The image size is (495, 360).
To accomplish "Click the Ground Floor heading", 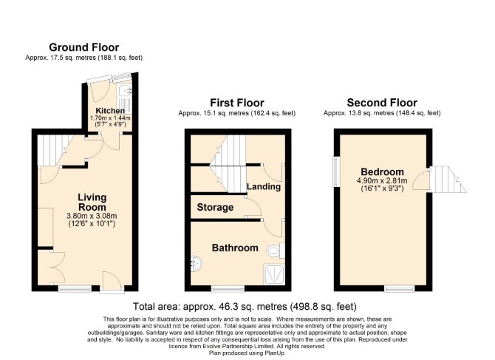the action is [x=84, y=47].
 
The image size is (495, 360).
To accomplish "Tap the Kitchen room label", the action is [x=110, y=111].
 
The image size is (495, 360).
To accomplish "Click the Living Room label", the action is [x=92, y=203].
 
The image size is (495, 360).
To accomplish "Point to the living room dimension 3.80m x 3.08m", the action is [x=92, y=217].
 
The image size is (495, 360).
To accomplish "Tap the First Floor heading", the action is [x=236, y=103].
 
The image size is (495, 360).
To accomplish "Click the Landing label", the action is [x=264, y=186].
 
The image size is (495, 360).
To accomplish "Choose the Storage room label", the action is [x=215, y=207].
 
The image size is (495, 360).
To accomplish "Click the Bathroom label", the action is [x=235, y=248].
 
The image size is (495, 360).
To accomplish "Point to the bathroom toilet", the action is [x=276, y=251].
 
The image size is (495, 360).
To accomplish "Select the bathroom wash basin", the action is [x=197, y=263].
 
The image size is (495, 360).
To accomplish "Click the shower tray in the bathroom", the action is [x=274, y=274].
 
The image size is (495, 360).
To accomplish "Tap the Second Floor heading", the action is [x=382, y=103].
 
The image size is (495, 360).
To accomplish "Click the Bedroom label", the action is [x=382, y=172].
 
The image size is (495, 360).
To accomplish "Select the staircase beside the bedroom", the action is [x=448, y=180].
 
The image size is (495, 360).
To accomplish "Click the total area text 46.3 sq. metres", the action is [x=236, y=307].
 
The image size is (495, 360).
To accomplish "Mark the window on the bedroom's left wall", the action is [x=336, y=171].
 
